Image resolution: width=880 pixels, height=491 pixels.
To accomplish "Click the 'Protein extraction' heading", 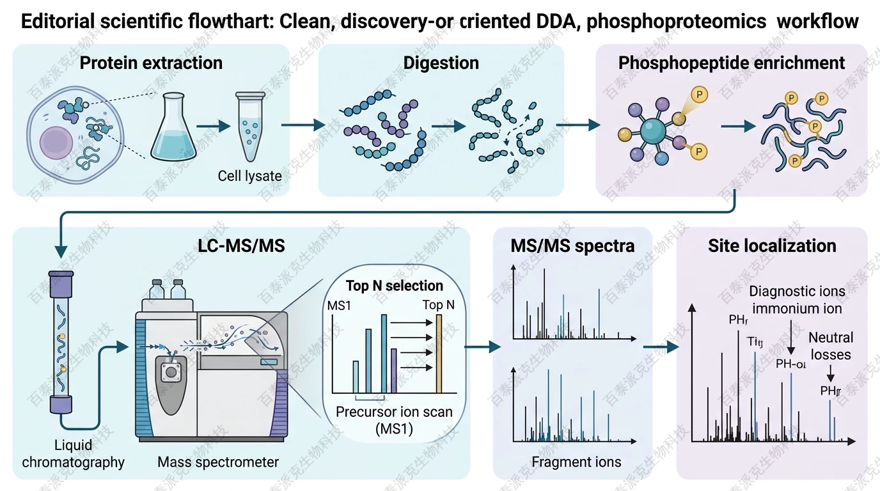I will [152, 63].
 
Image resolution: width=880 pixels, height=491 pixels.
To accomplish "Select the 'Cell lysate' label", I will [249, 175].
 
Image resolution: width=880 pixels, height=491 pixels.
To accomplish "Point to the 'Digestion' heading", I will [441, 63].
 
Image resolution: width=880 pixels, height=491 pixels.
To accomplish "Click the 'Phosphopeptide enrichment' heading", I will [732, 63].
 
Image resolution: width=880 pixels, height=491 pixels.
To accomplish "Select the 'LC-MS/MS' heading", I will [241, 246].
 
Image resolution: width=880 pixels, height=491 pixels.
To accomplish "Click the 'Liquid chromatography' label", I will [73, 453].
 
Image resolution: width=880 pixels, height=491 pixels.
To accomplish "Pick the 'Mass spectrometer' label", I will [218, 462].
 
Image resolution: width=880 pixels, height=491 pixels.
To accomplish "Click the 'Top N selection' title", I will [395, 285].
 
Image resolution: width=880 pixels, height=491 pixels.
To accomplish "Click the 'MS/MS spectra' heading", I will [572, 246].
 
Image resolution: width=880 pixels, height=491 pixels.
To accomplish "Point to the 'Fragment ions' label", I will [576, 462].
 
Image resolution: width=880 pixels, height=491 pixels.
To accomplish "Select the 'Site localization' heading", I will [772, 246].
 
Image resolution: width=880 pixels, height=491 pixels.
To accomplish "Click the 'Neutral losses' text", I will [830, 345].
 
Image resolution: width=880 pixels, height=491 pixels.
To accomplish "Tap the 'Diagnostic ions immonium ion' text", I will [797, 300].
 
